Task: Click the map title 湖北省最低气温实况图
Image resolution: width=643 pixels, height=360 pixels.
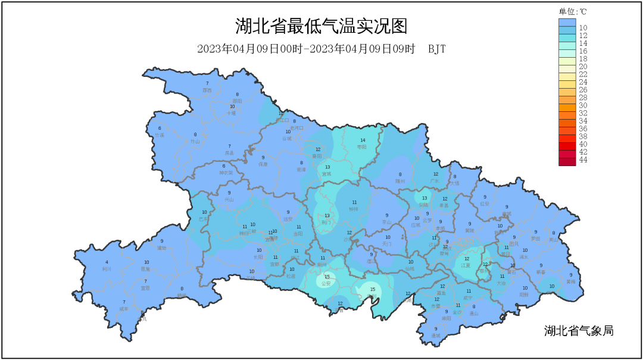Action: point(321,27)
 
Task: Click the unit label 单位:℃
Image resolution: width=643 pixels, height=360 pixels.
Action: point(573,11)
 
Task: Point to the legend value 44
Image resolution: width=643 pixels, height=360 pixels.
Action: point(583,160)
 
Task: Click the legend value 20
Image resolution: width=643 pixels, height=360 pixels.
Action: point(583,67)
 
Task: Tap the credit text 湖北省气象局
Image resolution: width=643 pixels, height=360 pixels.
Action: point(578,331)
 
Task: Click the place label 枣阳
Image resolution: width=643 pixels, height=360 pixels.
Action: point(361,146)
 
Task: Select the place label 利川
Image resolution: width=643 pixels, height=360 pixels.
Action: point(107,269)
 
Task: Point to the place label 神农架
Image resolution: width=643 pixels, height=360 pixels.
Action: point(224,173)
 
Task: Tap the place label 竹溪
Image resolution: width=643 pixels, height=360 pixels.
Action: point(159,135)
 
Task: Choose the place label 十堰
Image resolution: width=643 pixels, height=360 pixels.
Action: point(232,112)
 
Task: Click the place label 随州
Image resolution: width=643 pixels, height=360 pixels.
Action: point(400,181)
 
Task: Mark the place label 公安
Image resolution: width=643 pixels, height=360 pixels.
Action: point(326,284)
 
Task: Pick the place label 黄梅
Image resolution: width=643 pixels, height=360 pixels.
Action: point(571,281)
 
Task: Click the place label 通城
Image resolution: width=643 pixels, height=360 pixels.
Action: point(436,336)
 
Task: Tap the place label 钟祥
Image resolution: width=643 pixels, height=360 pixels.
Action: point(354,209)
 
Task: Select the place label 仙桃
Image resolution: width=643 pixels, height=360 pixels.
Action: point(410,269)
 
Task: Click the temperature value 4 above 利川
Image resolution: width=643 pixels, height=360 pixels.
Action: point(107,262)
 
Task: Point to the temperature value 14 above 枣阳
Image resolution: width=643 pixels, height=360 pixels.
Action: point(363,140)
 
